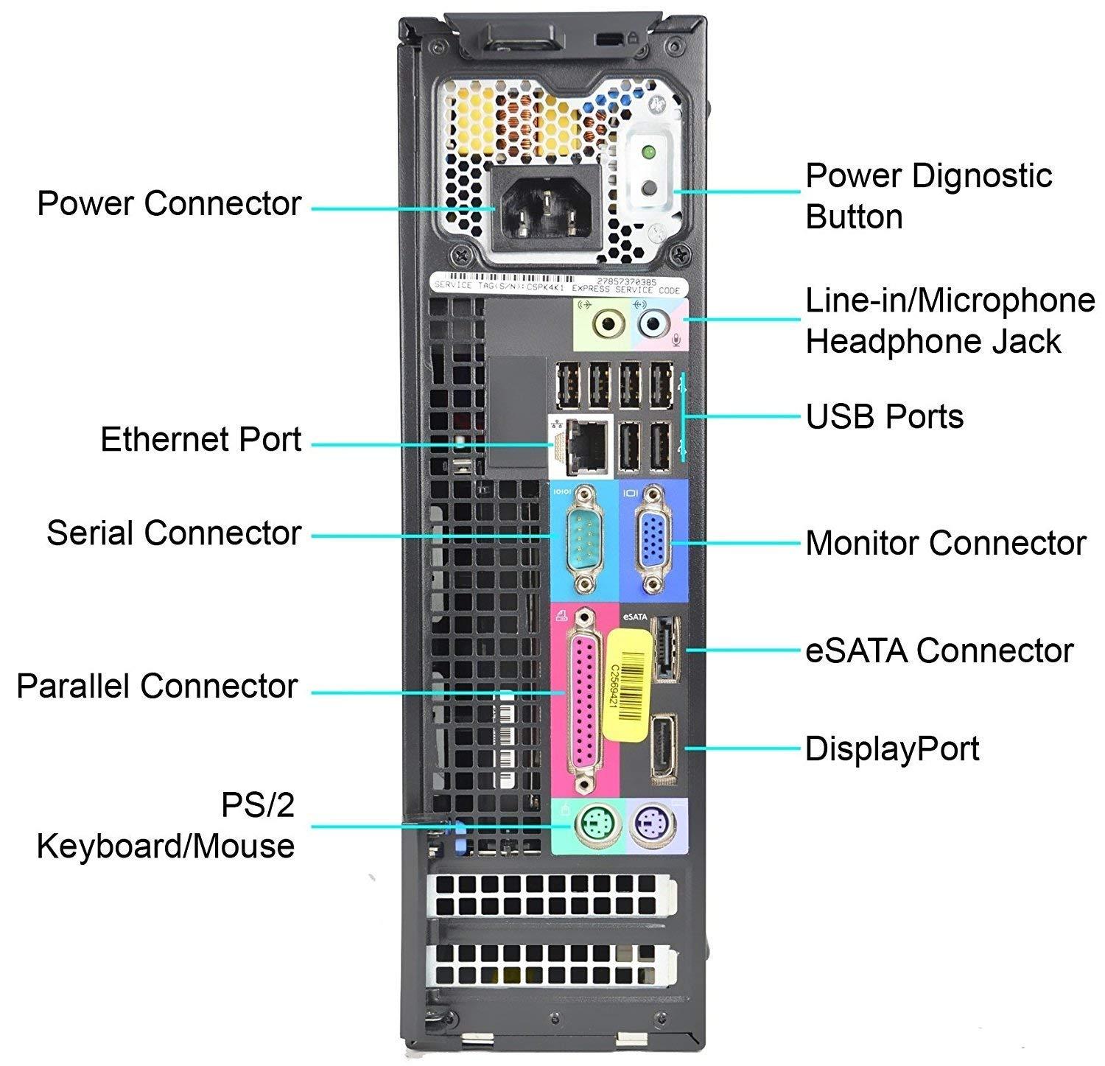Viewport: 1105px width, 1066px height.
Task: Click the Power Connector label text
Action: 169,203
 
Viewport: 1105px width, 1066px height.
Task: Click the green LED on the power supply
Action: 648,153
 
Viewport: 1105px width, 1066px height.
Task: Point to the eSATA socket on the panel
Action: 665,648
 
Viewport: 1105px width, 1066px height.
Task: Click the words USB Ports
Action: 884,417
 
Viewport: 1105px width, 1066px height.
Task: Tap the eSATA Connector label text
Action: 939,651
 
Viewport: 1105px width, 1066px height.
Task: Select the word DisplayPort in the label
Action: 891,749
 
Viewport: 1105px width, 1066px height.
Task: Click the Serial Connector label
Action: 174,533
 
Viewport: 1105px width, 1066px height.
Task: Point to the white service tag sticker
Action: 558,287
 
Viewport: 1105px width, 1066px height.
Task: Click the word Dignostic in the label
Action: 969,176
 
